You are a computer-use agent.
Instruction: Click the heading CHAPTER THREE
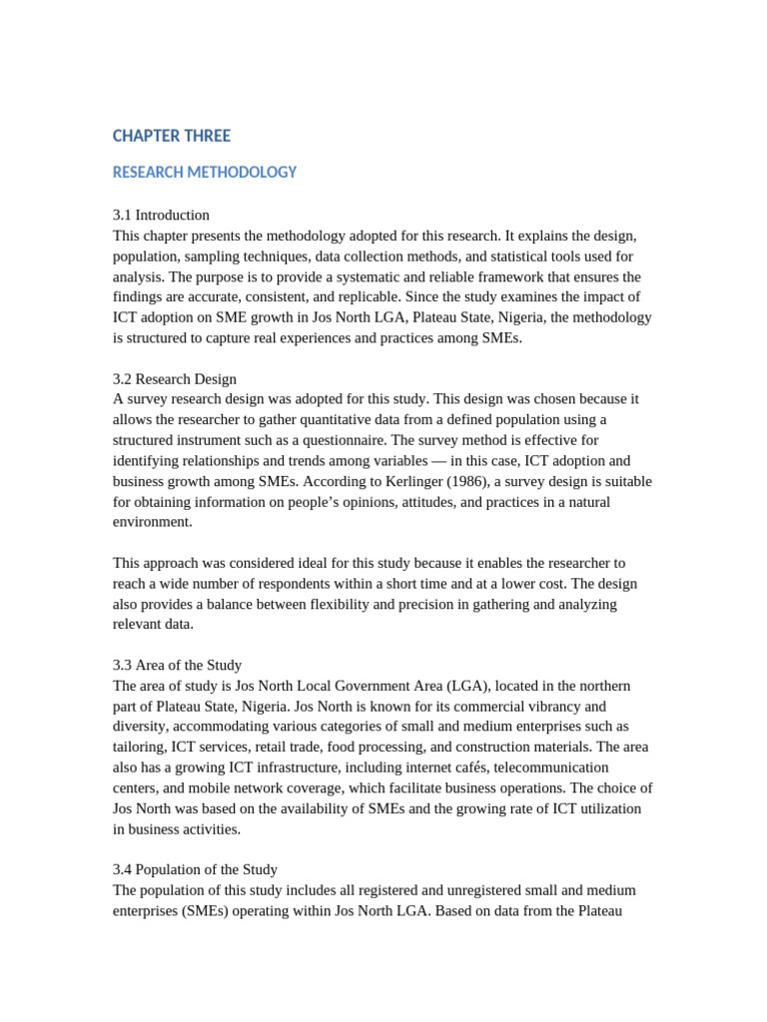[171, 136]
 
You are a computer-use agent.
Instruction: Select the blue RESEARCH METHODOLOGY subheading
[205, 172]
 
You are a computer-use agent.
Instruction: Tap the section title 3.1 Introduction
[161, 215]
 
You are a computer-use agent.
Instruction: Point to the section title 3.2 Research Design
[175, 378]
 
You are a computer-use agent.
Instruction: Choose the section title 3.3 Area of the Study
[177, 665]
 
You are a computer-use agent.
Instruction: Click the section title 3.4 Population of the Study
[195, 869]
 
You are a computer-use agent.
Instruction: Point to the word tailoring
[141, 748]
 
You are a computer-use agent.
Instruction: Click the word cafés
[488, 767]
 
